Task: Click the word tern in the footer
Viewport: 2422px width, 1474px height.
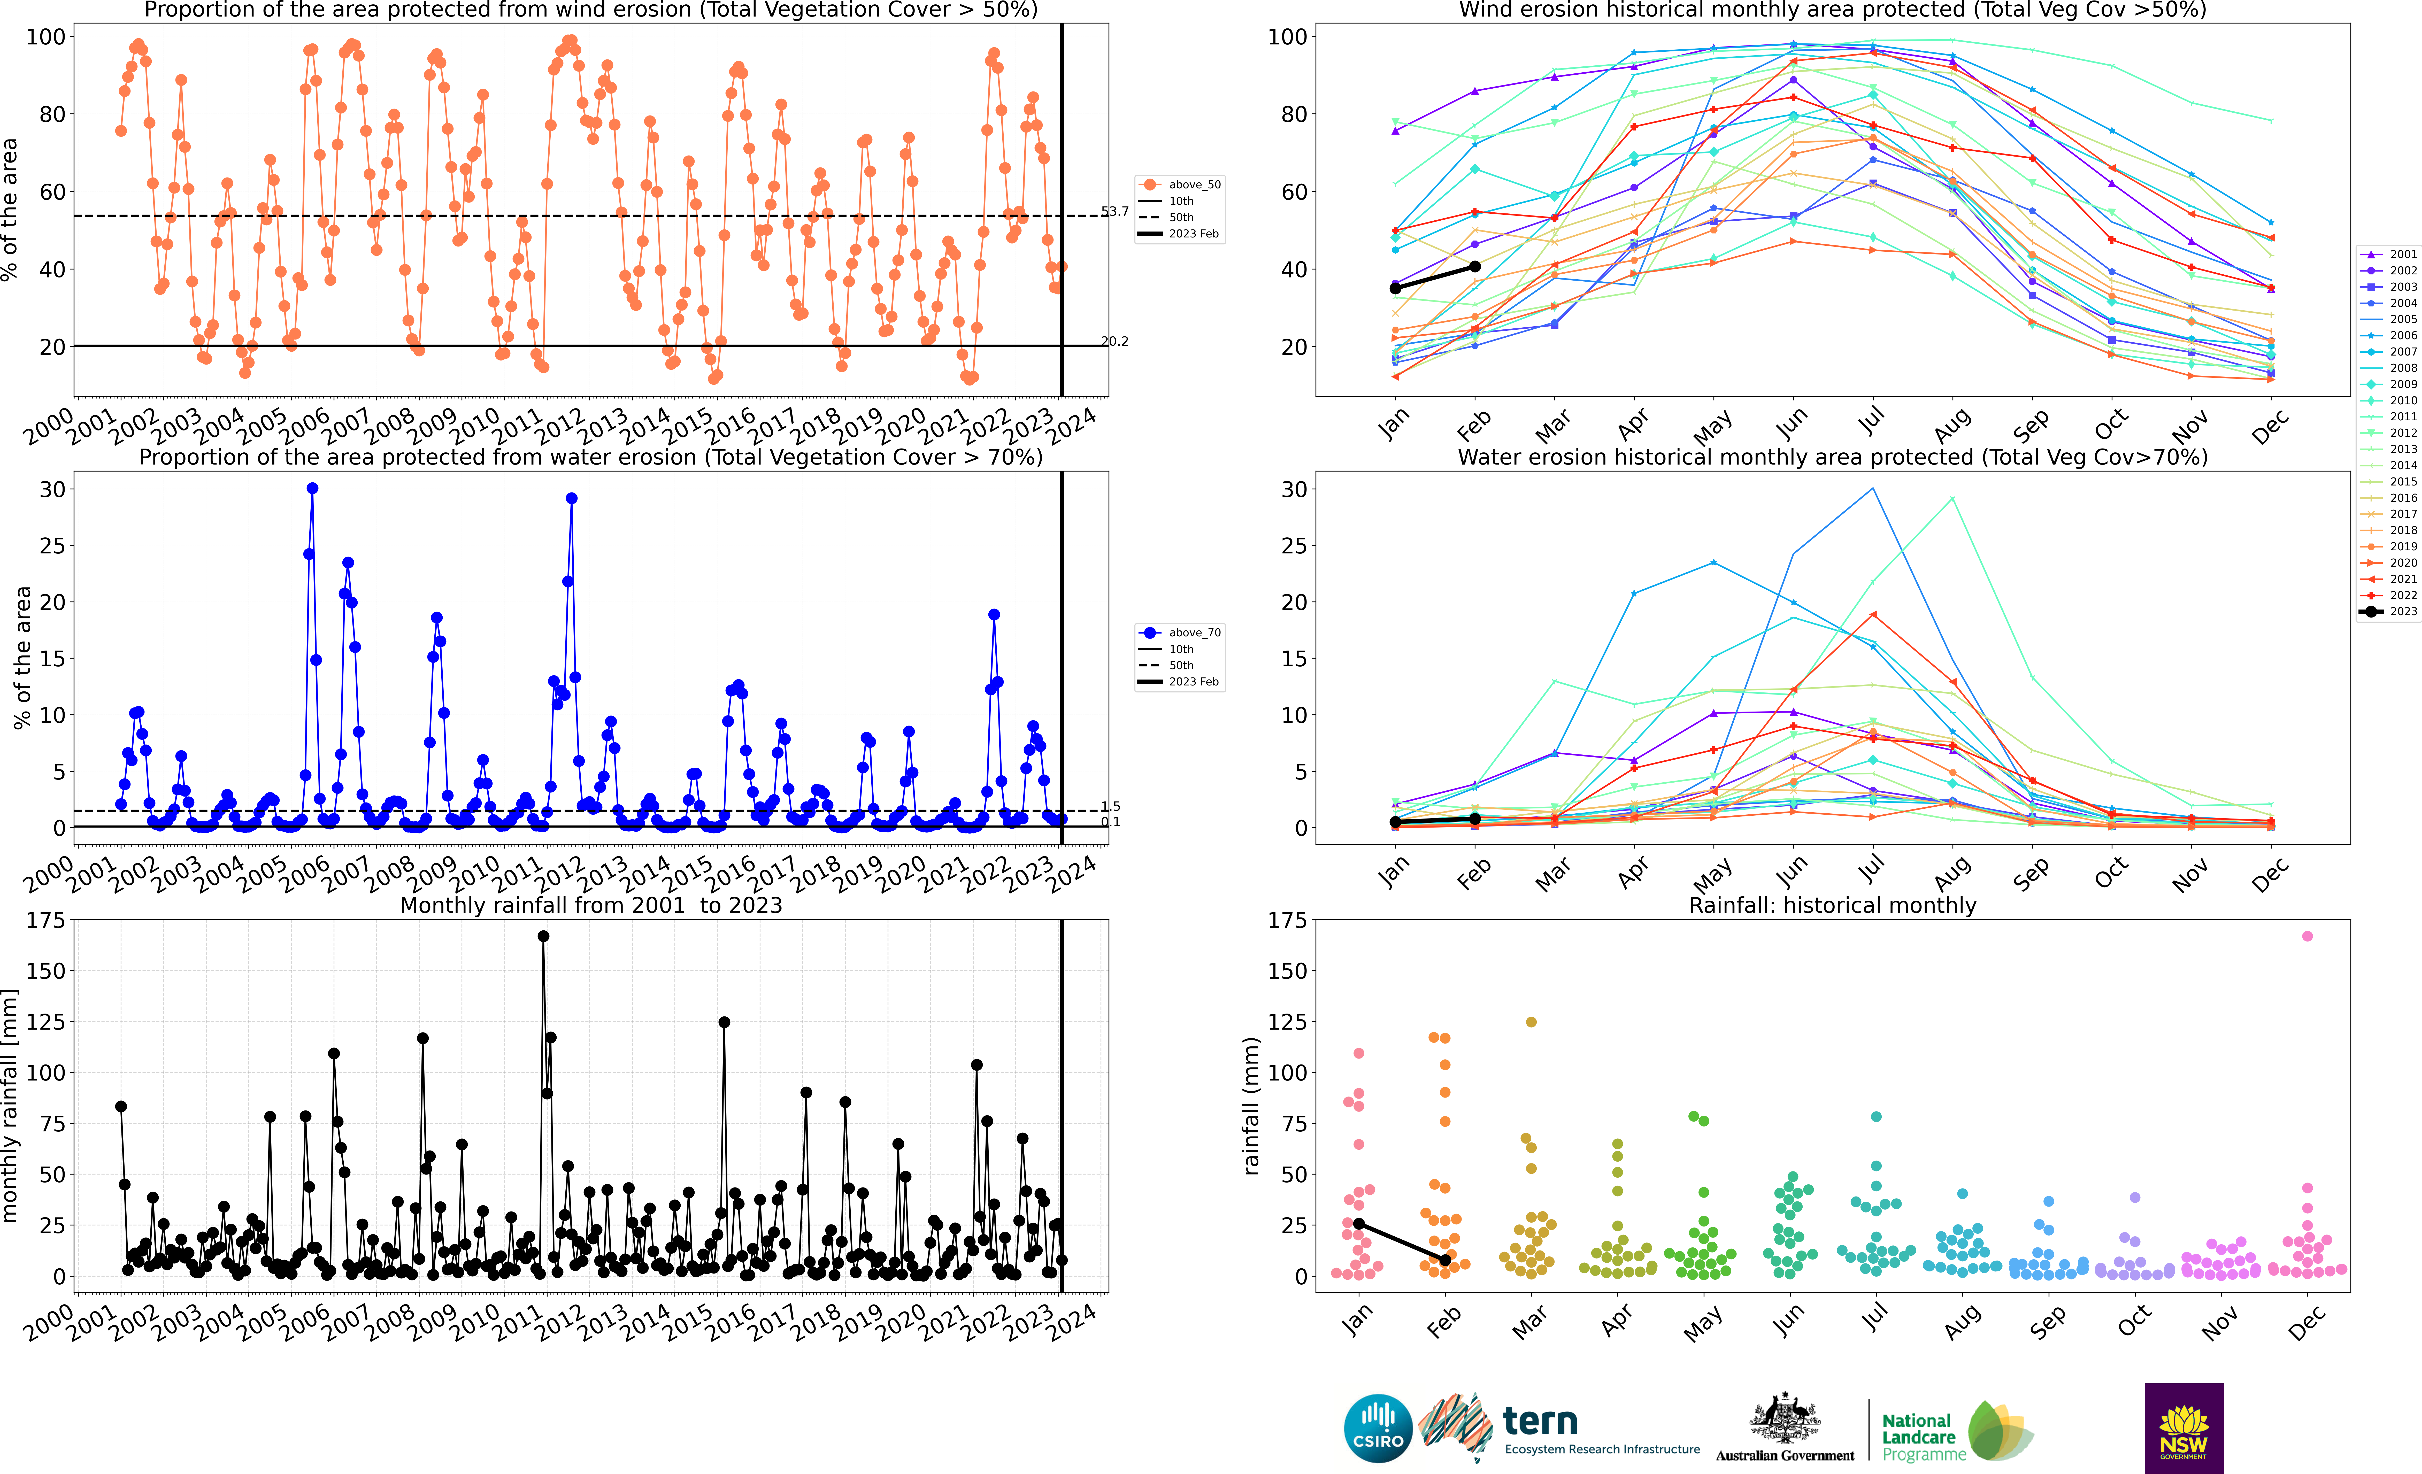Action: tap(1540, 1421)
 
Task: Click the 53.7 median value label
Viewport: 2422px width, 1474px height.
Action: tap(1115, 211)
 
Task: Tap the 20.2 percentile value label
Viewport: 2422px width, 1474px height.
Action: tap(1115, 341)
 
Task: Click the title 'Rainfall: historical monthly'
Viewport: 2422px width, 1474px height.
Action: tap(1832, 905)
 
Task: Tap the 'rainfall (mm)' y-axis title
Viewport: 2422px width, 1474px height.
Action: tap(1250, 1106)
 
